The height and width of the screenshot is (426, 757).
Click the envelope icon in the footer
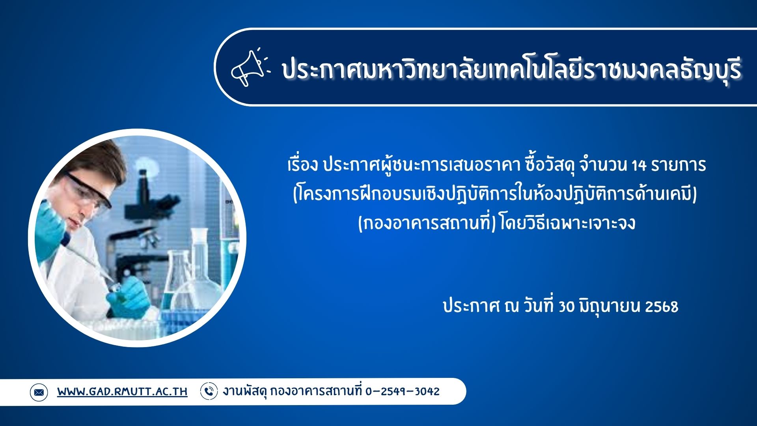point(39,392)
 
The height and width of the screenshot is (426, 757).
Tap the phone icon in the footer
point(209,391)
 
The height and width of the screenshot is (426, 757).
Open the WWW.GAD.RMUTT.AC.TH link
point(122,392)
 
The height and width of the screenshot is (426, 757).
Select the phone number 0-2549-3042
point(403,391)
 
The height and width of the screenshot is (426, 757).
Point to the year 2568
point(662,306)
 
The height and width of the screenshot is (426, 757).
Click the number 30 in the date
point(567,306)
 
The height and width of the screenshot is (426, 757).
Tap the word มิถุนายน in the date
point(610,306)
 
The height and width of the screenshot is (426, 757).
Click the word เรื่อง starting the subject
point(302,165)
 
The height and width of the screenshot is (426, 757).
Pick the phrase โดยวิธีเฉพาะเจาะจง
point(568,223)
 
